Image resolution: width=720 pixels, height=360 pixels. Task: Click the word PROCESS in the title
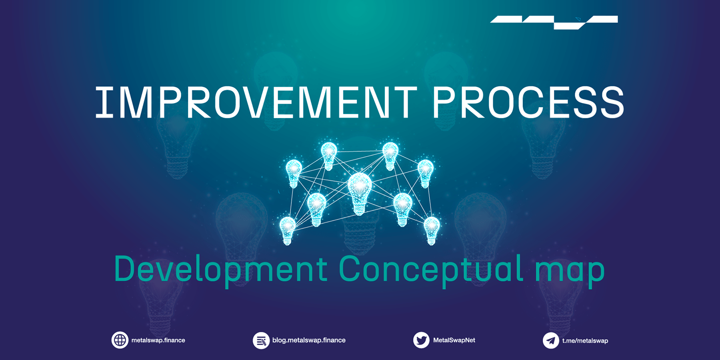[528, 103]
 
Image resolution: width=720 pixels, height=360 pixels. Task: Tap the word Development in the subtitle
[220, 269]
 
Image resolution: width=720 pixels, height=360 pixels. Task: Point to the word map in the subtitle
[570, 270]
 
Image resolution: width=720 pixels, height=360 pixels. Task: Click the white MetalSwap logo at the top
[554, 22]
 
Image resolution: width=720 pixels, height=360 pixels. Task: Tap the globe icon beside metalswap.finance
[120, 340]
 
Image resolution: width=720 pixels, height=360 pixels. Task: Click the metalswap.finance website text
[158, 340]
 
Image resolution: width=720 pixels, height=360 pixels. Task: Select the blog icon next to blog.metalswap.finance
[261, 341]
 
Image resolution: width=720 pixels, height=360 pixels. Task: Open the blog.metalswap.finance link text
[309, 340]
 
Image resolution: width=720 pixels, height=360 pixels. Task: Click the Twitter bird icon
[421, 340]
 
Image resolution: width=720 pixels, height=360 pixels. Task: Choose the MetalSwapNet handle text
[454, 340]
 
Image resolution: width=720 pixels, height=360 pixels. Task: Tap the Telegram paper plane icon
[551, 341]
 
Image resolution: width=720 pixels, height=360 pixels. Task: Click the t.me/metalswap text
[585, 341]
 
